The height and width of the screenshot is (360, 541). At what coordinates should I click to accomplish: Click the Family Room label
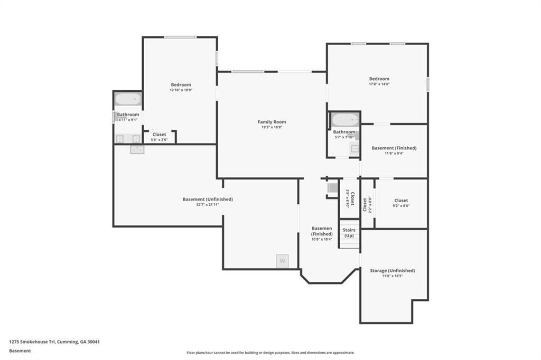coord(272,122)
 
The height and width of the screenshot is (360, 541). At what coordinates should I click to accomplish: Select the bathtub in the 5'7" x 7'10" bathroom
coord(345,120)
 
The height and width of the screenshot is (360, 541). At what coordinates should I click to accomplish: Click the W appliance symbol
coord(282,261)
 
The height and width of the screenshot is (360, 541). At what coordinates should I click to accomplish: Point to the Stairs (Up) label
coord(349,233)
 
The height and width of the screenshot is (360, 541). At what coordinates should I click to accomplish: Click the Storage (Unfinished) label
coord(393,270)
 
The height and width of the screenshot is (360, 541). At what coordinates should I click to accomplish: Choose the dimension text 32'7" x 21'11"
coord(208,204)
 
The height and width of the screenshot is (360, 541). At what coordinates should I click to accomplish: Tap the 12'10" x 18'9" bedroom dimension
coord(181,90)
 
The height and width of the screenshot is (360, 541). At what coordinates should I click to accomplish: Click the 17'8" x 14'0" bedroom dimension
coord(379,84)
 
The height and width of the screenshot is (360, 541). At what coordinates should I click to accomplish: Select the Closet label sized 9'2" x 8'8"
coord(401,201)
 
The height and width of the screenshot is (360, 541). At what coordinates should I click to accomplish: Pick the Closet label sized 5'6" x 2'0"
coord(159,135)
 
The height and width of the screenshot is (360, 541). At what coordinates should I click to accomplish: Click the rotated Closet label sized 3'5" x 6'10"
coord(352,198)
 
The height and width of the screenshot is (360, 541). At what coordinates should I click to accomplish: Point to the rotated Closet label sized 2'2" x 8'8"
coord(365,204)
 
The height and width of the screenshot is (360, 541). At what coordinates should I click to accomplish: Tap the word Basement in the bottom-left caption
coord(20,350)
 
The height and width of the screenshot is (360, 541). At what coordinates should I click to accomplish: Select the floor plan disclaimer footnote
coord(270,353)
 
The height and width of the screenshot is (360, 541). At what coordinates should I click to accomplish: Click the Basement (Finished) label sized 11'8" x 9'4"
coord(394,148)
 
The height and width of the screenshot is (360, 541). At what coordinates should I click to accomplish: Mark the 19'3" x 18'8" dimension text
coord(272,127)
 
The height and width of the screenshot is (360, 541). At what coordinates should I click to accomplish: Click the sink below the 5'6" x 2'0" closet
coord(137,150)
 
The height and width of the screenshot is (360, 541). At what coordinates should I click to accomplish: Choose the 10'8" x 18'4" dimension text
coord(322,239)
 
